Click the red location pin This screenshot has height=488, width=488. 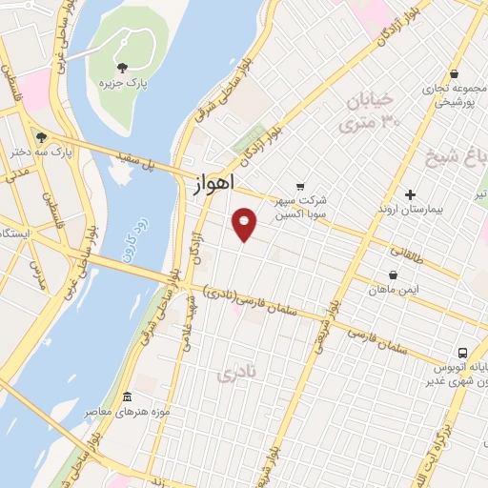coord(245,224)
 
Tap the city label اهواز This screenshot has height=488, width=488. coord(208,185)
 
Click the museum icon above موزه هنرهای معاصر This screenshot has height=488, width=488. coord(128,396)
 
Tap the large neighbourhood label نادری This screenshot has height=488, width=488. coord(236,373)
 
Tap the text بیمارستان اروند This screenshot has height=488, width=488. coord(411,208)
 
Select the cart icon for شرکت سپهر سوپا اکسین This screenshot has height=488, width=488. coord(300,186)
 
